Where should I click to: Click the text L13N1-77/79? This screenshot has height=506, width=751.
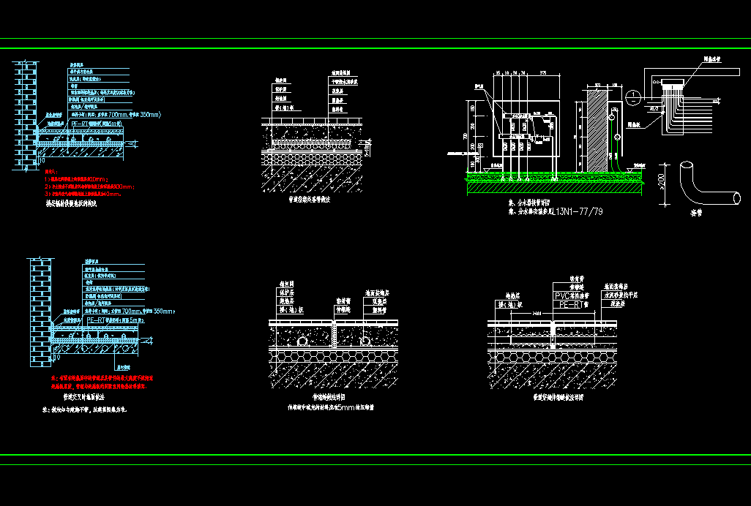click(x=578, y=212)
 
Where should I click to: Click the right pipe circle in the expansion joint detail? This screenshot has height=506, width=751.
click(x=364, y=341)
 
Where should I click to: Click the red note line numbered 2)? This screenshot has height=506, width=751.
click(x=88, y=186)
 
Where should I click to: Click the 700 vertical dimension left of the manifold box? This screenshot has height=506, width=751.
click(x=465, y=135)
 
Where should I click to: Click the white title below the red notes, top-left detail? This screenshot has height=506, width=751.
click(x=71, y=204)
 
